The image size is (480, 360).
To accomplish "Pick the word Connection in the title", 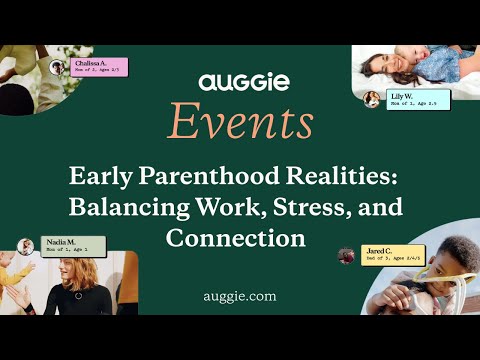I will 235,240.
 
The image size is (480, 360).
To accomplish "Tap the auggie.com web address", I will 238,296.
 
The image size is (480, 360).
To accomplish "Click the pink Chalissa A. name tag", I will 100,67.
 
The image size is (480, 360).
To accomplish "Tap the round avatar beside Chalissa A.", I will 59,68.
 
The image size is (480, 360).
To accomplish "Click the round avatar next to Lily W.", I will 372,98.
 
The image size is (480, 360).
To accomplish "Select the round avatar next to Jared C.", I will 346,256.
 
